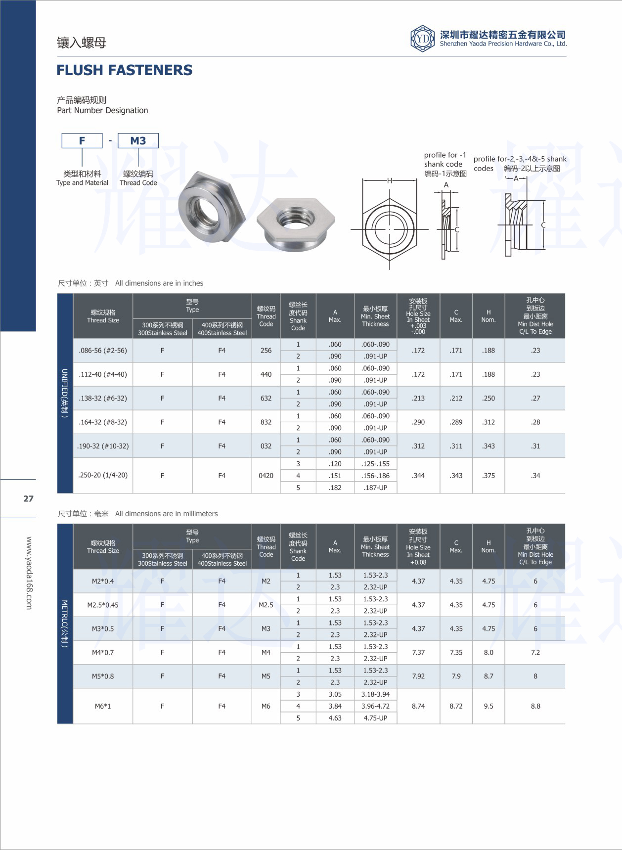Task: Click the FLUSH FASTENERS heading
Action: pos(124,70)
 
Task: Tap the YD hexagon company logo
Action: pos(422,38)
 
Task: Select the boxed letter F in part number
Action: pos(82,141)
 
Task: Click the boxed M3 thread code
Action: pos(138,141)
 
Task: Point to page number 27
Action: pos(29,498)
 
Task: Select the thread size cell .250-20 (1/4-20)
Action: pos(103,475)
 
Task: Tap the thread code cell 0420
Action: pos(266,476)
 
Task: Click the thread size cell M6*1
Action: pos(103,706)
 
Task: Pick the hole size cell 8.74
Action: pos(418,706)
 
